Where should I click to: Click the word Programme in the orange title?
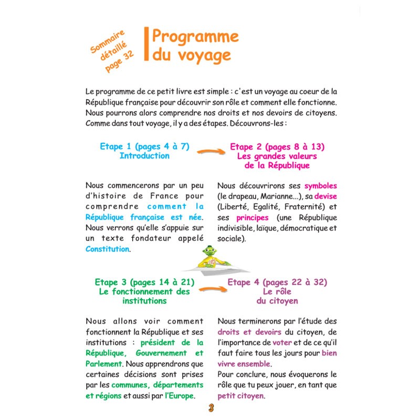tap(196, 37)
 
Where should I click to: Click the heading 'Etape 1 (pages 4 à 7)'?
tap(144, 146)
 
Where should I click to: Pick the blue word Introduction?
tap(144, 155)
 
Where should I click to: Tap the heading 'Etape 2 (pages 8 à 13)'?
tap(277, 146)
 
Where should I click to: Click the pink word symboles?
tap(320, 186)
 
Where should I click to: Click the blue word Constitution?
tap(107, 249)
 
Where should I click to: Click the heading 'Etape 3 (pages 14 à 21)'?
tap(144, 282)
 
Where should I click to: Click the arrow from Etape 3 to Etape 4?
tap(211, 289)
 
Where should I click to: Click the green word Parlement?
tap(103, 363)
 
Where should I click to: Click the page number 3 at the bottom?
tap(211, 408)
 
